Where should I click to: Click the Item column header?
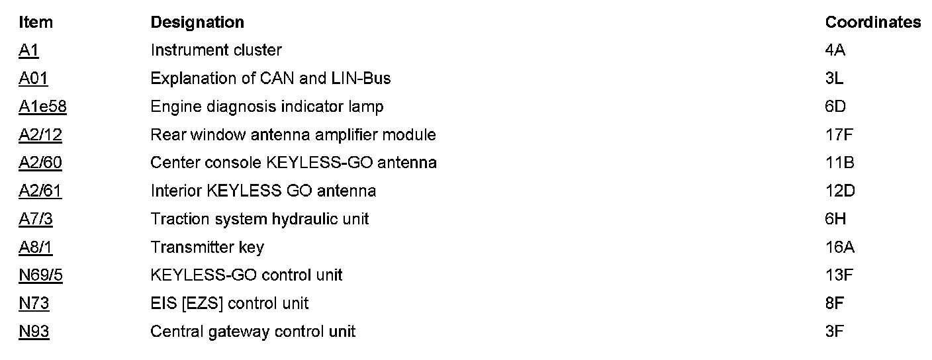pyautogui.click(x=36, y=22)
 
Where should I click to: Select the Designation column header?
pyautogui.click(x=197, y=22)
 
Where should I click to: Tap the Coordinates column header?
pyautogui.click(x=872, y=22)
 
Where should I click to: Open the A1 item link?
pyautogui.click(x=29, y=50)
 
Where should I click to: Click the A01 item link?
pyautogui.click(x=33, y=79)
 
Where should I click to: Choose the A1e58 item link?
pyautogui.click(x=42, y=107)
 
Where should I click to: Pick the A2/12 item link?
pyautogui.click(x=40, y=135)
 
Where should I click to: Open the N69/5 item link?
pyautogui.click(x=40, y=275)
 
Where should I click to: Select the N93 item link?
pyautogui.click(x=34, y=331)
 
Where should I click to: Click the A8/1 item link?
pyautogui.click(x=36, y=247)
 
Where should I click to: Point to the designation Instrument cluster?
pyautogui.click(x=216, y=50)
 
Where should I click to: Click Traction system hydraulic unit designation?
pyautogui.click(x=259, y=219)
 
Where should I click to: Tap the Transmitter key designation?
pyautogui.click(x=207, y=247)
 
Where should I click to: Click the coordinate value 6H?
pyautogui.click(x=835, y=219)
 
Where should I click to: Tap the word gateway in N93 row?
pyautogui.click(x=226, y=332)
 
